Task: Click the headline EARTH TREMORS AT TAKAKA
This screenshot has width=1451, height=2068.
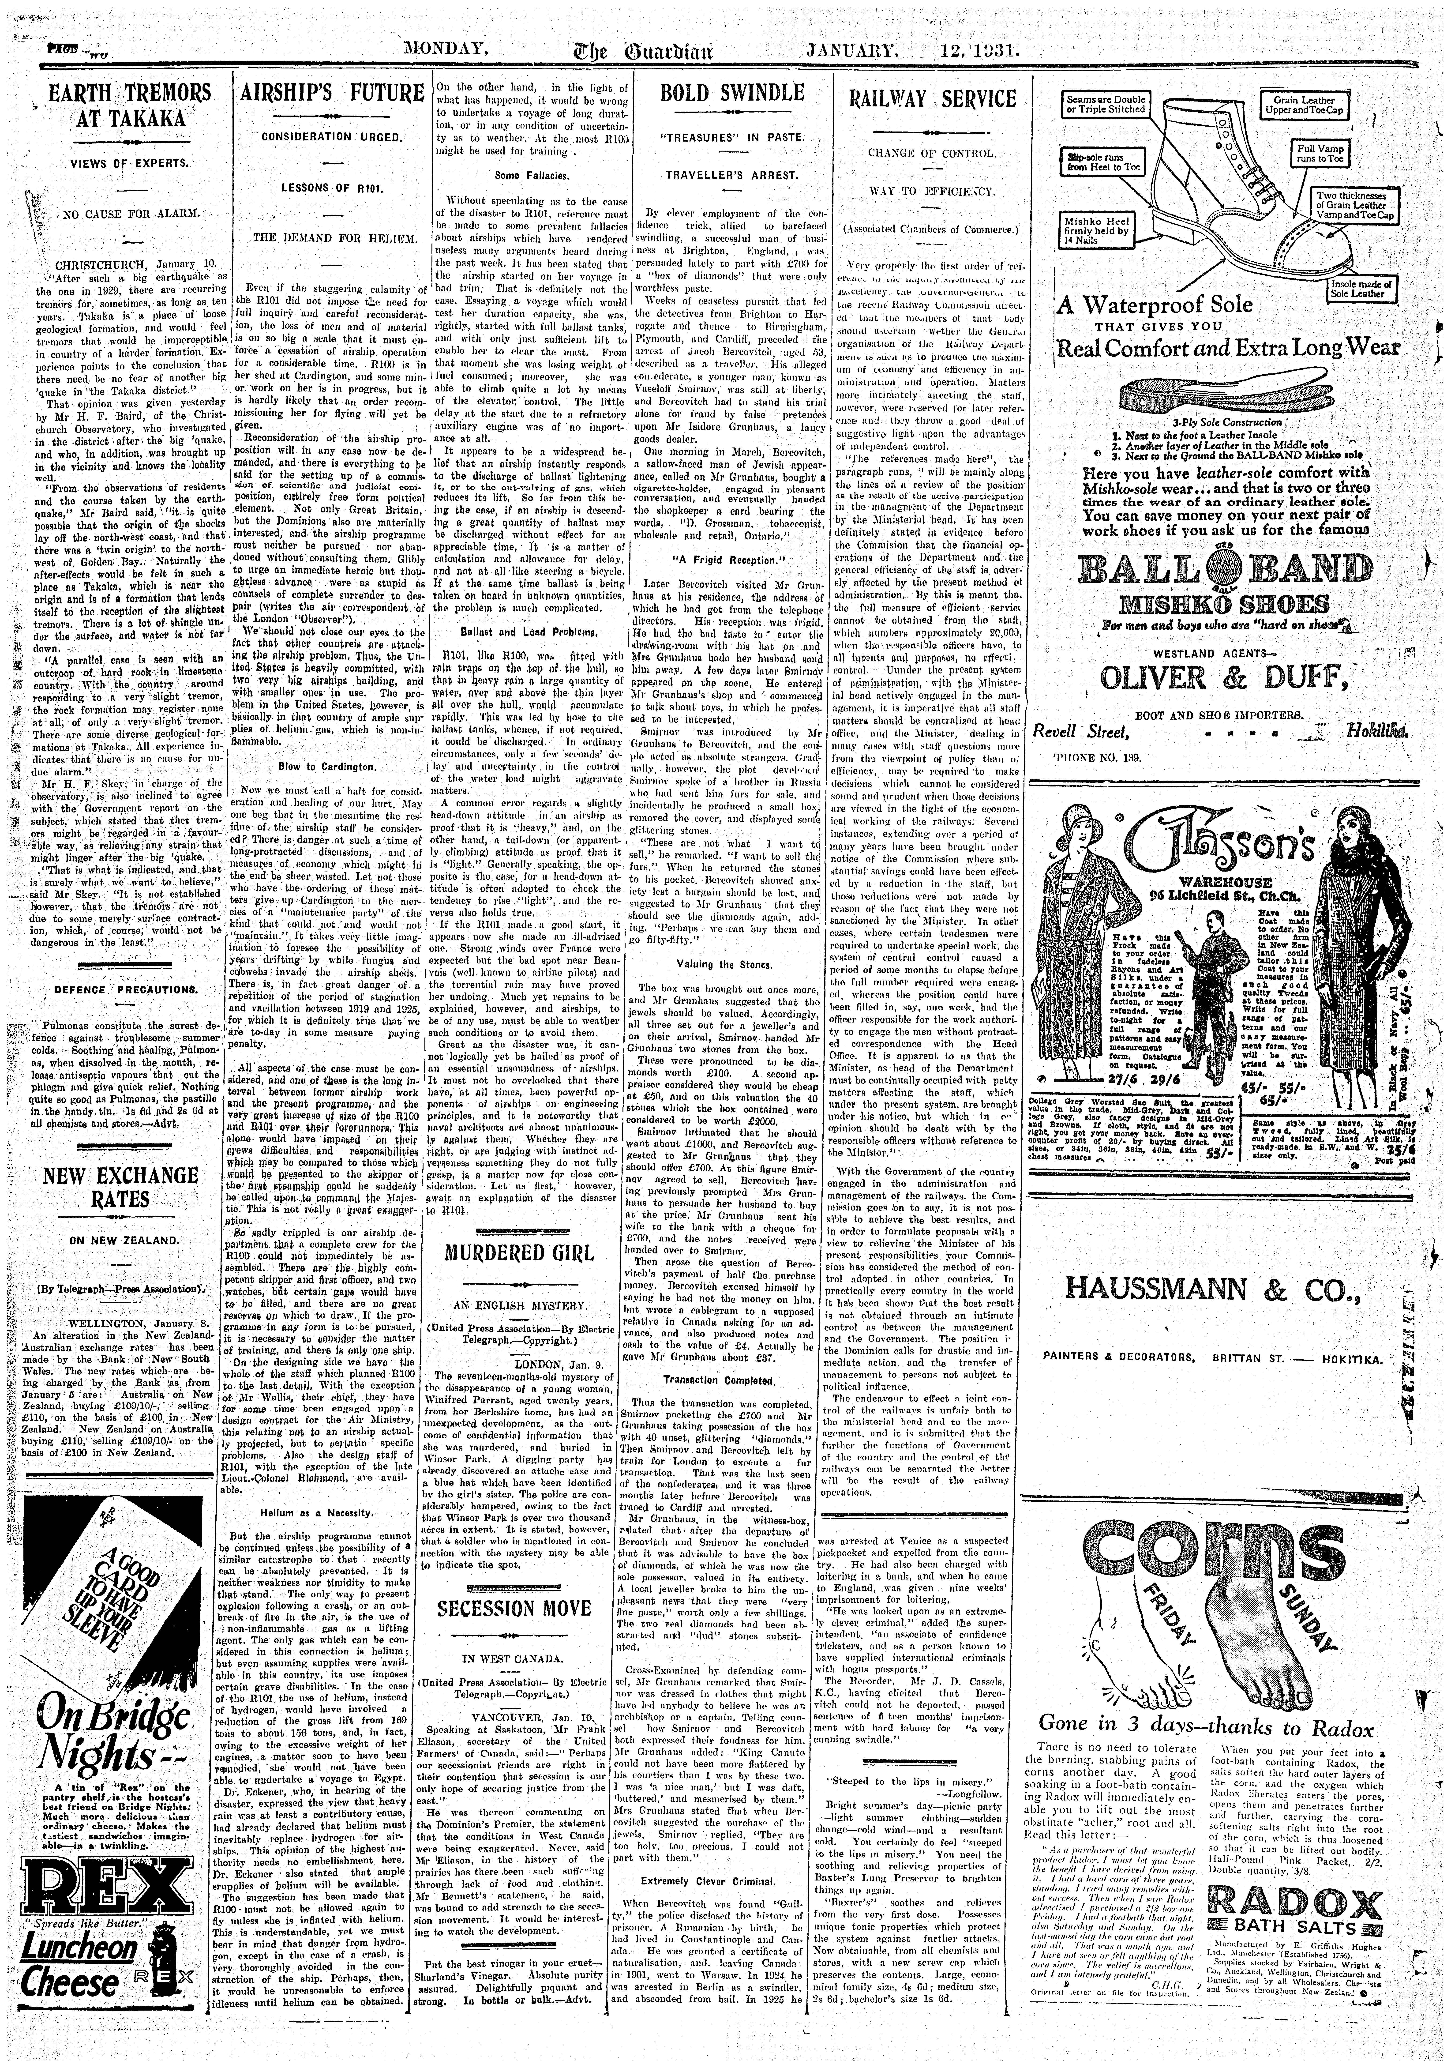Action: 120,105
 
